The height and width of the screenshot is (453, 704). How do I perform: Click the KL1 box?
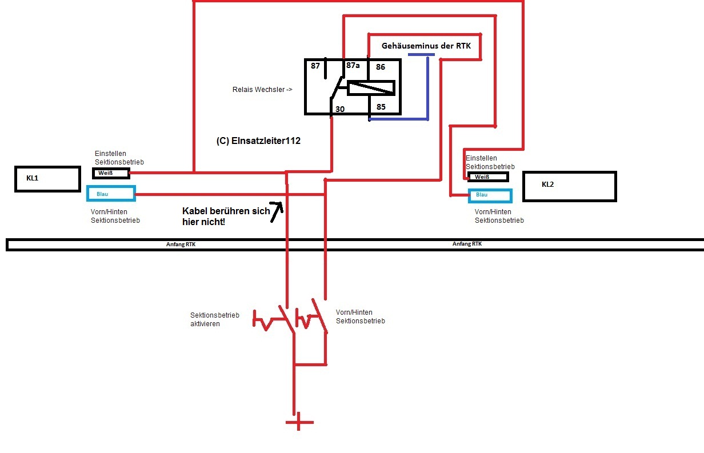click(47, 179)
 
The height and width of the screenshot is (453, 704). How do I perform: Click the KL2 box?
click(569, 186)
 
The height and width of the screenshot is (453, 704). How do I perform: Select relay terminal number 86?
click(381, 67)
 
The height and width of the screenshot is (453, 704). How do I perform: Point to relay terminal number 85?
click(381, 107)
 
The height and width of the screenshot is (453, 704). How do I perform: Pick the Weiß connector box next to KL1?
click(111, 173)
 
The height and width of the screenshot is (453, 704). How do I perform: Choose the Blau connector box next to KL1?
click(111, 194)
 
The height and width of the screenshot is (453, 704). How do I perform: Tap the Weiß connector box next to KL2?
click(487, 177)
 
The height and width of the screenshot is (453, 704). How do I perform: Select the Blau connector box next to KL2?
click(490, 195)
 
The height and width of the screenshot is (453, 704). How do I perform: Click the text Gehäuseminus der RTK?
click(426, 46)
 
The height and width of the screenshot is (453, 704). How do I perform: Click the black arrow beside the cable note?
click(277, 211)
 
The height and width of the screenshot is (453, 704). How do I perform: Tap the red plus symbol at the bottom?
click(299, 423)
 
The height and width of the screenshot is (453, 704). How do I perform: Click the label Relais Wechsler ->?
click(262, 90)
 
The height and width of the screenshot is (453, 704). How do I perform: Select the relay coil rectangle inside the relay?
click(371, 88)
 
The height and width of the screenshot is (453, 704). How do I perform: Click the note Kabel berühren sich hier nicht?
click(226, 216)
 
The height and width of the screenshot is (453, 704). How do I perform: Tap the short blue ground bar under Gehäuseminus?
click(421, 55)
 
